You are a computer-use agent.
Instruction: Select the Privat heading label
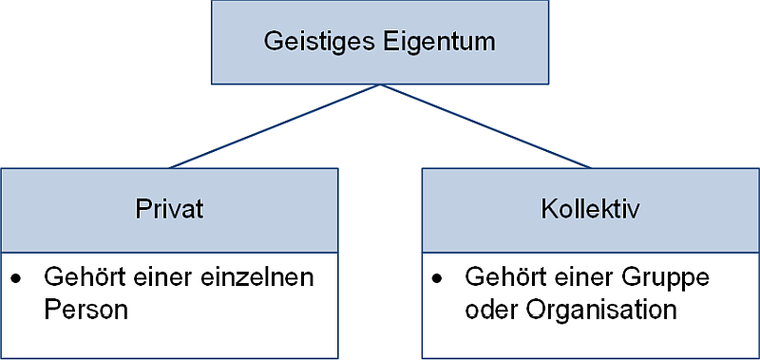(169, 211)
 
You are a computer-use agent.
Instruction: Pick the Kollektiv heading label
(591, 211)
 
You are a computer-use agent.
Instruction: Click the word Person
(85, 311)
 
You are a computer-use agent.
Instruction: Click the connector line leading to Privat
(275, 126)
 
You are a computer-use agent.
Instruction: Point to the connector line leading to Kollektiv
(484, 126)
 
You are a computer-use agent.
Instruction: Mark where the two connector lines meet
(380, 85)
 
